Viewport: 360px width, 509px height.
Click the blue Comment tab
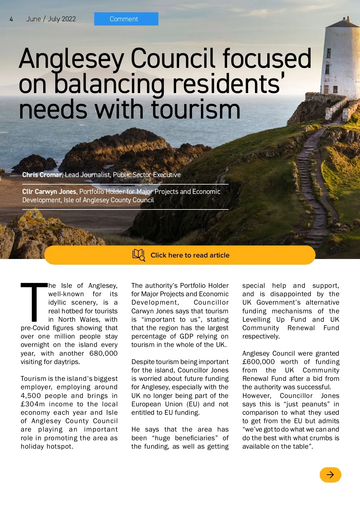click(x=126, y=19)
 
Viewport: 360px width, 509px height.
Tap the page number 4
click(x=11, y=19)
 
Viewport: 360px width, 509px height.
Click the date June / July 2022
click(x=51, y=19)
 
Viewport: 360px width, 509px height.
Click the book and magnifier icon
click(x=139, y=255)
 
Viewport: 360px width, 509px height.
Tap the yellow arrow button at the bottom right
click(x=330, y=474)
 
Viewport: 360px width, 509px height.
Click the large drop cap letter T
click(x=34, y=302)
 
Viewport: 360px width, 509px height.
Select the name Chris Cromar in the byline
click(x=42, y=175)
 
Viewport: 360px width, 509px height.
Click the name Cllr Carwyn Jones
click(x=49, y=191)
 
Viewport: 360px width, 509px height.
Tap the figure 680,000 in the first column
click(x=103, y=353)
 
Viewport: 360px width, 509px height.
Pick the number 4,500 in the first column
click(x=31, y=396)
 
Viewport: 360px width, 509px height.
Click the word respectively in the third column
click(x=261, y=336)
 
